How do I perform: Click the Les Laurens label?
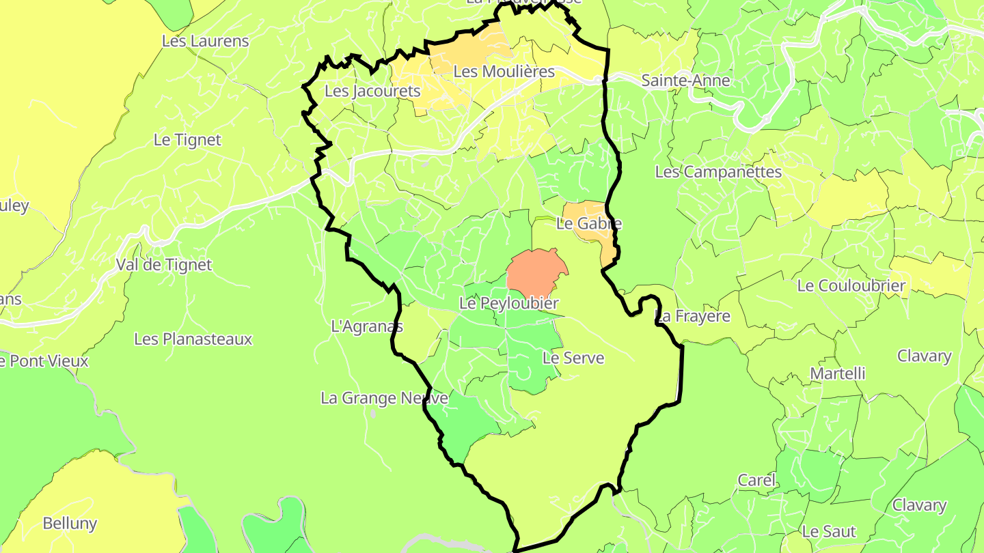(x=205, y=41)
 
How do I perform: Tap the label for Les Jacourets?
(x=372, y=91)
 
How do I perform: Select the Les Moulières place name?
(x=504, y=71)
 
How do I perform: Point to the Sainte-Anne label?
(x=685, y=81)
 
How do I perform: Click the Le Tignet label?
(x=187, y=140)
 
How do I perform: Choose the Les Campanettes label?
(x=718, y=172)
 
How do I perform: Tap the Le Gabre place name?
(x=589, y=223)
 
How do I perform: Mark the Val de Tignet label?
(x=164, y=265)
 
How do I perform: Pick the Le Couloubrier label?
(x=851, y=286)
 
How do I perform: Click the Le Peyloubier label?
(x=509, y=303)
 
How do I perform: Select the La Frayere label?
(x=692, y=316)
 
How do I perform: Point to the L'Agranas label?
(x=367, y=326)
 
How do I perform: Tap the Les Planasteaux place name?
(x=193, y=339)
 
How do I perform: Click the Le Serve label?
(x=573, y=357)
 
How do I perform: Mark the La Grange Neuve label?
(x=384, y=398)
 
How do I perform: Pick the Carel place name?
(x=756, y=480)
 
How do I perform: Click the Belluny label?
(x=70, y=524)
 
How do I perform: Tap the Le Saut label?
(x=828, y=531)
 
